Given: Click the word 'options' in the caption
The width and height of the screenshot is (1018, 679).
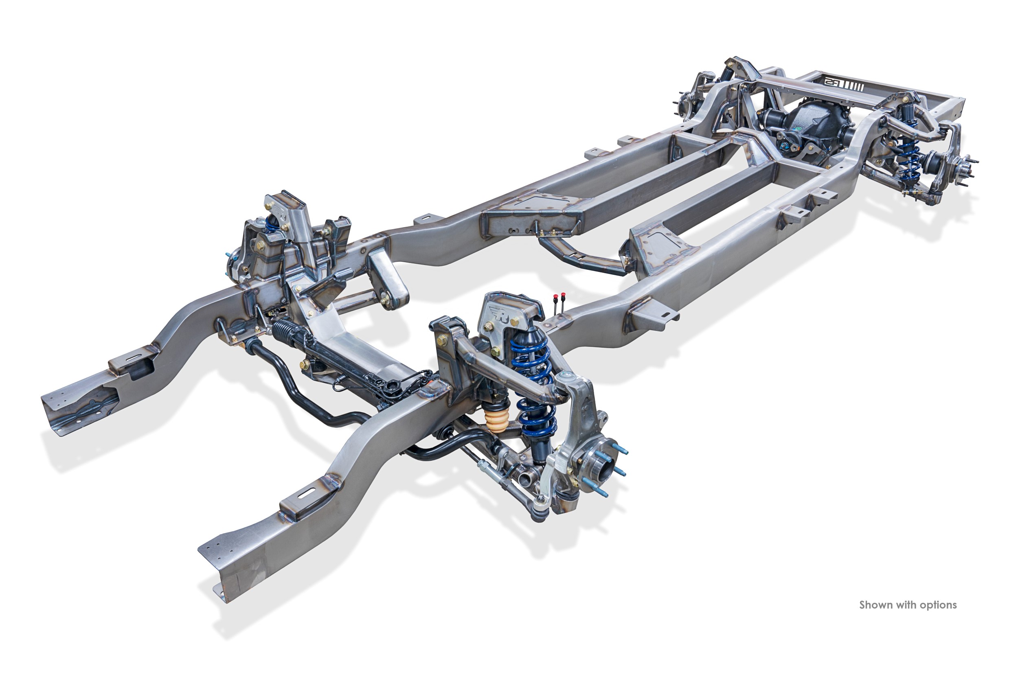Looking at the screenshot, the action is tap(938, 605).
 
